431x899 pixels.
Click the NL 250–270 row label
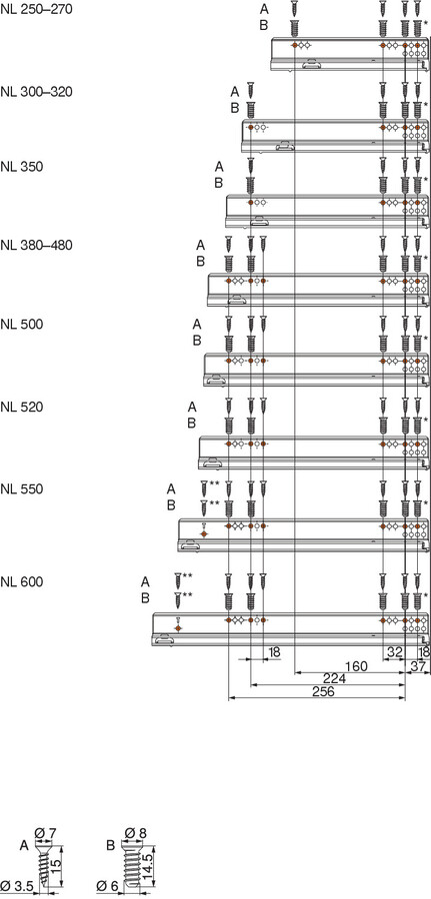pyautogui.click(x=36, y=9)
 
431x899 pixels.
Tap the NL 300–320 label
pyautogui.click(x=36, y=92)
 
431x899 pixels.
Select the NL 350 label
pyautogui.click(x=22, y=167)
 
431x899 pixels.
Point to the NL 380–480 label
pyautogui.click(x=36, y=246)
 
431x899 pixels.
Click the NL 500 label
pyautogui.click(x=22, y=324)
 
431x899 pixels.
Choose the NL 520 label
pyautogui.click(x=22, y=408)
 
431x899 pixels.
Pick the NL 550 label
pyautogui.click(x=22, y=489)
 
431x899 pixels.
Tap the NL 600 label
pyautogui.click(x=22, y=582)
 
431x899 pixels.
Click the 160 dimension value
pyautogui.click(x=356, y=666)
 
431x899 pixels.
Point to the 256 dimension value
pyautogui.click(x=323, y=691)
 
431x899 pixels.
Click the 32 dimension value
pyautogui.click(x=394, y=651)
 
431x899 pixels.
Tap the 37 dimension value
pyautogui.click(x=419, y=666)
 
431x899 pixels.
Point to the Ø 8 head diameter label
pyautogui.click(x=135, y=832)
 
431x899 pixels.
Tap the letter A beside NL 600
pyautogui.click(x=145, y=582)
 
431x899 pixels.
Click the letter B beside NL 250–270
pyautogui.click(x=263, y=25)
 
